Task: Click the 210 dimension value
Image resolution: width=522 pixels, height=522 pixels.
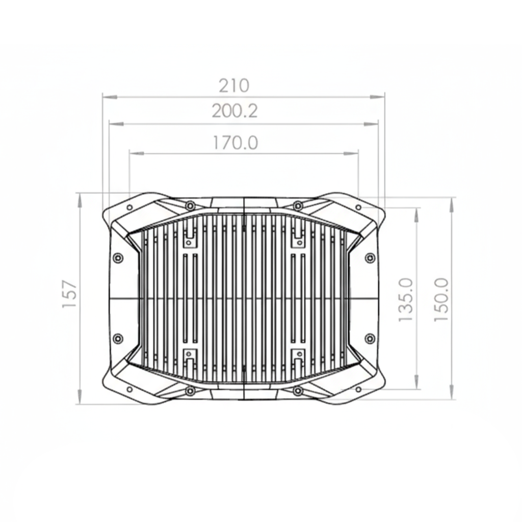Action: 233,86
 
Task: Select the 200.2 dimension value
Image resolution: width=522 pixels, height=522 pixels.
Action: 234,111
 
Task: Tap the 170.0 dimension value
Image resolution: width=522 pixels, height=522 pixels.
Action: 236,143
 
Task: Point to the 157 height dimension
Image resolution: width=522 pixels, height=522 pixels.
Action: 70,295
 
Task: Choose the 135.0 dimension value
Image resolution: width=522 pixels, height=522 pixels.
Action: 406,300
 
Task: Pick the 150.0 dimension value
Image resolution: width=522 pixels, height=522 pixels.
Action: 442,300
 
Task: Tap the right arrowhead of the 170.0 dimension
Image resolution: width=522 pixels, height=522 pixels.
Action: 351,153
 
